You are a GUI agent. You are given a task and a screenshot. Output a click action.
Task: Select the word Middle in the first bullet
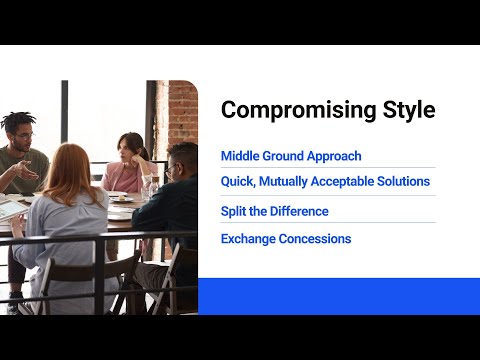[240, 156]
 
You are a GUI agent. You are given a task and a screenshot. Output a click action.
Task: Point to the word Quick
[238, 182]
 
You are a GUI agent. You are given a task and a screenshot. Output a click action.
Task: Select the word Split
[234, 211]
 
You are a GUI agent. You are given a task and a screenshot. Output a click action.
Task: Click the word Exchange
[247, 239]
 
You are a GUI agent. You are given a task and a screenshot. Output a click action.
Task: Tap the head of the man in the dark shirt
[182, 160]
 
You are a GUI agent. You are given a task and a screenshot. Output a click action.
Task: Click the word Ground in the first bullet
[283, 156]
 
